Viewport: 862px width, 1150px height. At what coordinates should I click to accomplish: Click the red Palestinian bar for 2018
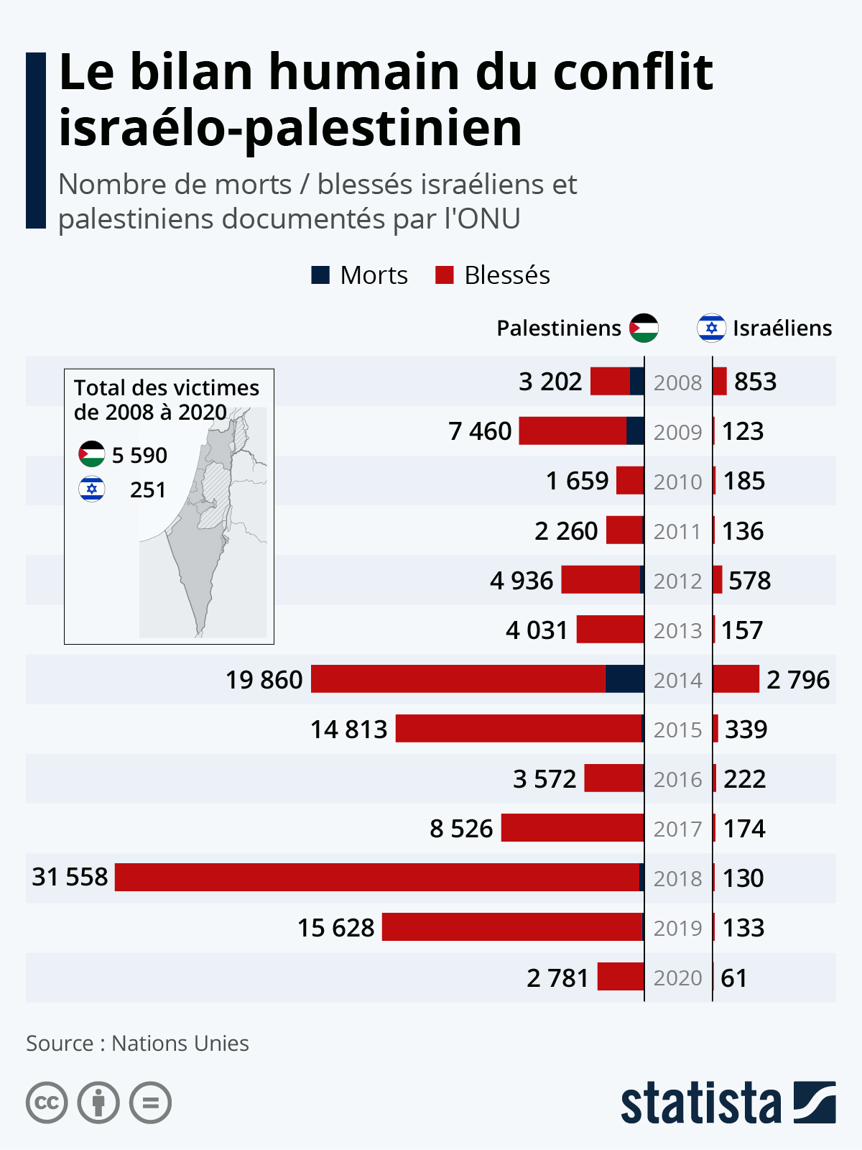point(377,877)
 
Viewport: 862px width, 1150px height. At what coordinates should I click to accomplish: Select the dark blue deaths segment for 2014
point(624,679)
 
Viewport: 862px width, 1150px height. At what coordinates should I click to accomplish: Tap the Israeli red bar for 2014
point(736,679)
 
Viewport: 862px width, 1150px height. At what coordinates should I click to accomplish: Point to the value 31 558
point(70,877)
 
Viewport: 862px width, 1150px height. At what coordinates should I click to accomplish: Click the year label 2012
point(677,581)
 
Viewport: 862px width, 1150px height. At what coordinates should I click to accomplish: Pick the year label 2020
point(677,978)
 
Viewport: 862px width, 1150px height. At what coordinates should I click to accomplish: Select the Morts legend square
point(320,275)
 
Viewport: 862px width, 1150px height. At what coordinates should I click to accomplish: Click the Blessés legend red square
point(445,275)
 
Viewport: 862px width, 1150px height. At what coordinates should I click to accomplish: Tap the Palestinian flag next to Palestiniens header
point(644,328)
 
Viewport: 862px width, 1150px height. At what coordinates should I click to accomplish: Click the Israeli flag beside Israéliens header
point(711,328)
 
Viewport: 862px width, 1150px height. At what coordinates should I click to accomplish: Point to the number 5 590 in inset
point(139,455)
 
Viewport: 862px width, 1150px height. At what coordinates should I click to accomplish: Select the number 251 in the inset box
point(148,490)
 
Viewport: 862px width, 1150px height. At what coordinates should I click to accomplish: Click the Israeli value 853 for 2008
point(755,382)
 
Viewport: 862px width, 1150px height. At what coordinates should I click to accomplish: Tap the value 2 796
point(797,680)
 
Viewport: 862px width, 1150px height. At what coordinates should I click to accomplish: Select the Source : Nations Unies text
point(137,1043)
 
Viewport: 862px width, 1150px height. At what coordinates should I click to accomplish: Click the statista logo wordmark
point(700,1103)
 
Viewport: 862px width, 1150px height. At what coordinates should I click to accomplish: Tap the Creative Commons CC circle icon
point(47,1103)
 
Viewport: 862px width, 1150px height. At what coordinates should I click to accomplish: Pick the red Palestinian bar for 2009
point(573,431)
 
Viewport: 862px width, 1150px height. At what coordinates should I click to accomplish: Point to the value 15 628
point(335,928)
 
